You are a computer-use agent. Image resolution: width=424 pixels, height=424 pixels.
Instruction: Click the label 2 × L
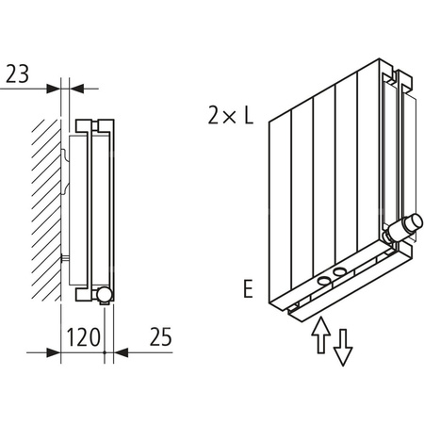point(230,116)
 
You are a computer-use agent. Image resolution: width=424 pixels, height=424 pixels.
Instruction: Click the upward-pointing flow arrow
point(319,334)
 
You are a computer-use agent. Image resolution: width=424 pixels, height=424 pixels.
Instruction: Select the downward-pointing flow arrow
point(344,346)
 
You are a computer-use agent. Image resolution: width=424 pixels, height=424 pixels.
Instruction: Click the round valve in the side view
point(105,295)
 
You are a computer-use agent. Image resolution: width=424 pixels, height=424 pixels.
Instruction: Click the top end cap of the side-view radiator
point(94,124)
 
